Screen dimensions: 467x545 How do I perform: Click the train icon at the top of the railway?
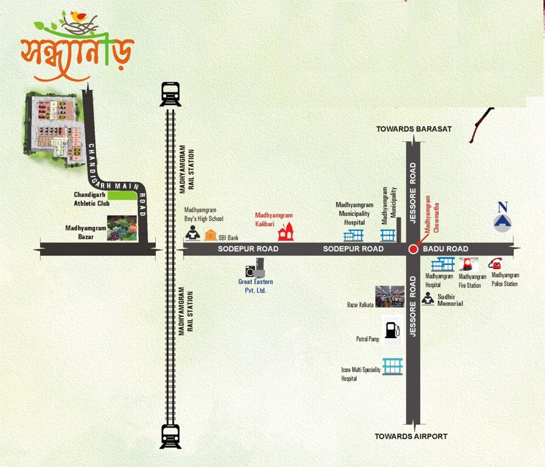[x=171, y=94]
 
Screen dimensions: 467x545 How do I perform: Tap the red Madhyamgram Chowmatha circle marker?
[x=413, y=249]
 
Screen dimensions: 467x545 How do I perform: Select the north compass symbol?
[x=502, y=218]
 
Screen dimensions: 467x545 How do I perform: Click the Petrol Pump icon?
[x=392, y=331]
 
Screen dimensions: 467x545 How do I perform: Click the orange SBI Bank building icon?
[x=210, y=235]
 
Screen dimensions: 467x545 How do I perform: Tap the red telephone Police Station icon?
[x=495, y=264]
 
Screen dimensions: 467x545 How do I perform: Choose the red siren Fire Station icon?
[x=468, y=265]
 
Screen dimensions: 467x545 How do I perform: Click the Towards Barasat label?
[x=413, y=129]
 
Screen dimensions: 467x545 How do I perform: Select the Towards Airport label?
[x=411, y=437]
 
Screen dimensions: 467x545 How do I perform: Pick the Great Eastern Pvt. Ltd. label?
[x=256, y=286]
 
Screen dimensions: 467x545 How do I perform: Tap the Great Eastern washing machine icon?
[x=255, y=268]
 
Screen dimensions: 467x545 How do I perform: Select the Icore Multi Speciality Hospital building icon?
[x=392, y=366]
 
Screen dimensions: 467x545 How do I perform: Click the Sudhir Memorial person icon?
[x=428, y=299]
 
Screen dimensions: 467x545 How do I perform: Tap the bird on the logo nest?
[x=78, y=16]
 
